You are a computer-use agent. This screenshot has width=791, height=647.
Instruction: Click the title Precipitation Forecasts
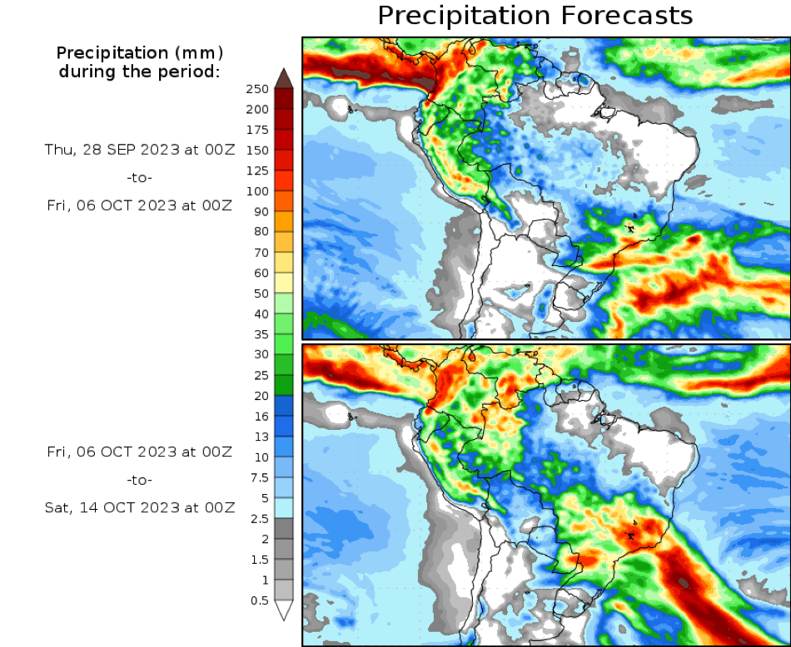click(x=535, y=16)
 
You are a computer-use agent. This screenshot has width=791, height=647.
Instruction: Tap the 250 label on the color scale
click(x=258, y=89)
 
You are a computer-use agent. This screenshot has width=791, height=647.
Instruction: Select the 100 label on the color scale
click(x=258, y=191)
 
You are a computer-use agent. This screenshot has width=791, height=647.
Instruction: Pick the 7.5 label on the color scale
click(x=260, y=477)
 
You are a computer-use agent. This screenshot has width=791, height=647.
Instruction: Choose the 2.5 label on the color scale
click(x=260, y=518)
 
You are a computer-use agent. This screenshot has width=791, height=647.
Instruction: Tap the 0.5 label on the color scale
click(x=260, y=600)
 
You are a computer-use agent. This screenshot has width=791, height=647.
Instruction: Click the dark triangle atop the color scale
click(x=283, y=78)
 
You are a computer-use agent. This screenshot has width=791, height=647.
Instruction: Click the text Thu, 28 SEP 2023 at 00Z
click(x=139, y=150)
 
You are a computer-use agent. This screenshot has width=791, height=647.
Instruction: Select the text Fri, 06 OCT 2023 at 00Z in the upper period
click(x=139, y=205)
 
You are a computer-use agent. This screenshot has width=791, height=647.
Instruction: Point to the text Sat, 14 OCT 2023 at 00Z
click(x=140, y=506)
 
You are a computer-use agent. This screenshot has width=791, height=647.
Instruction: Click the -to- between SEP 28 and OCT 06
click(x=140, y=177)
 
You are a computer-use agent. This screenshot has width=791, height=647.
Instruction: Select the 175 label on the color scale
click(x=258, y=130)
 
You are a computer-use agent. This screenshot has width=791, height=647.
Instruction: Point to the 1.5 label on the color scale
click(x=260, y=559)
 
